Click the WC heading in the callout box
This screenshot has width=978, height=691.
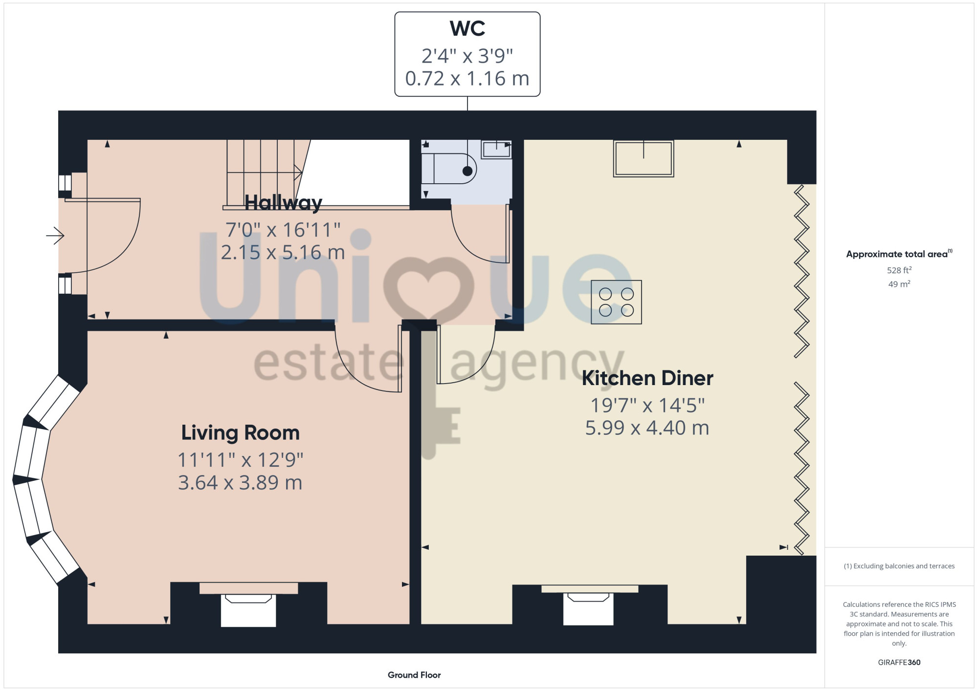tap(467, 28)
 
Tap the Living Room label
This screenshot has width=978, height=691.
tap(240, 433)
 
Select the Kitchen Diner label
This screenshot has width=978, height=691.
tap(647, 378)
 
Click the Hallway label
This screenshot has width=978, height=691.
tap(283, 203)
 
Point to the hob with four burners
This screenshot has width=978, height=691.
tap(616, 302)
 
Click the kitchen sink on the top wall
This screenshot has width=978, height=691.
tap(644, 158)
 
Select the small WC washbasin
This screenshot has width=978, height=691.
tap(496, 150)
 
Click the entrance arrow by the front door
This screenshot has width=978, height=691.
tap(55, 236)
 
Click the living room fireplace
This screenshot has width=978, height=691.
tap(248, 605)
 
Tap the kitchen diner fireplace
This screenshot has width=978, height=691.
tap(589, 605)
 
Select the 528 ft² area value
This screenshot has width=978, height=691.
tap(899, 270)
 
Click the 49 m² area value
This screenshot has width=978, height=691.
tap(899, 284)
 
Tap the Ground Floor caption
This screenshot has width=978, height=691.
tap(414, 675)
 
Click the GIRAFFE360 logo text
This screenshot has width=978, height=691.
tap(899, 663)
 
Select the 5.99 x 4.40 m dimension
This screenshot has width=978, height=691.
tap(647, 428)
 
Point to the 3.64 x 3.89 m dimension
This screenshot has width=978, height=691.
tap(240, 483)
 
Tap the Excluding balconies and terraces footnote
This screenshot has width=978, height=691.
tap(899, 566)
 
